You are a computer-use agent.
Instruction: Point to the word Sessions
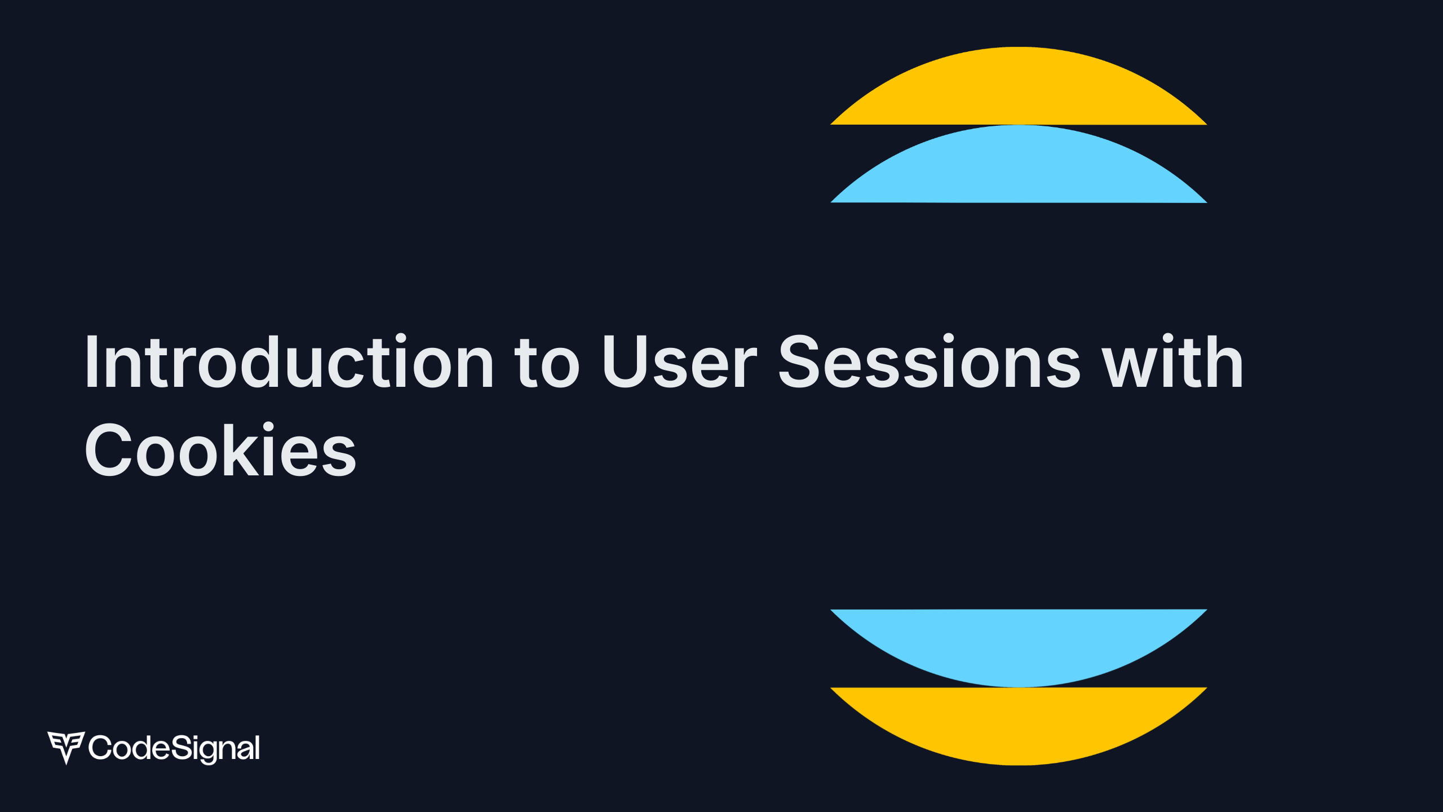(x=929, y=361)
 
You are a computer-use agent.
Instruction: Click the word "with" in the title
(x=1172, y=361)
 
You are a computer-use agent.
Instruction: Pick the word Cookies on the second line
(x=220, y=449)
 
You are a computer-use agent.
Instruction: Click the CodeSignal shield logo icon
(x=66, y=748)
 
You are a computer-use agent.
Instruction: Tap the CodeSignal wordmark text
(x=174, y=748)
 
